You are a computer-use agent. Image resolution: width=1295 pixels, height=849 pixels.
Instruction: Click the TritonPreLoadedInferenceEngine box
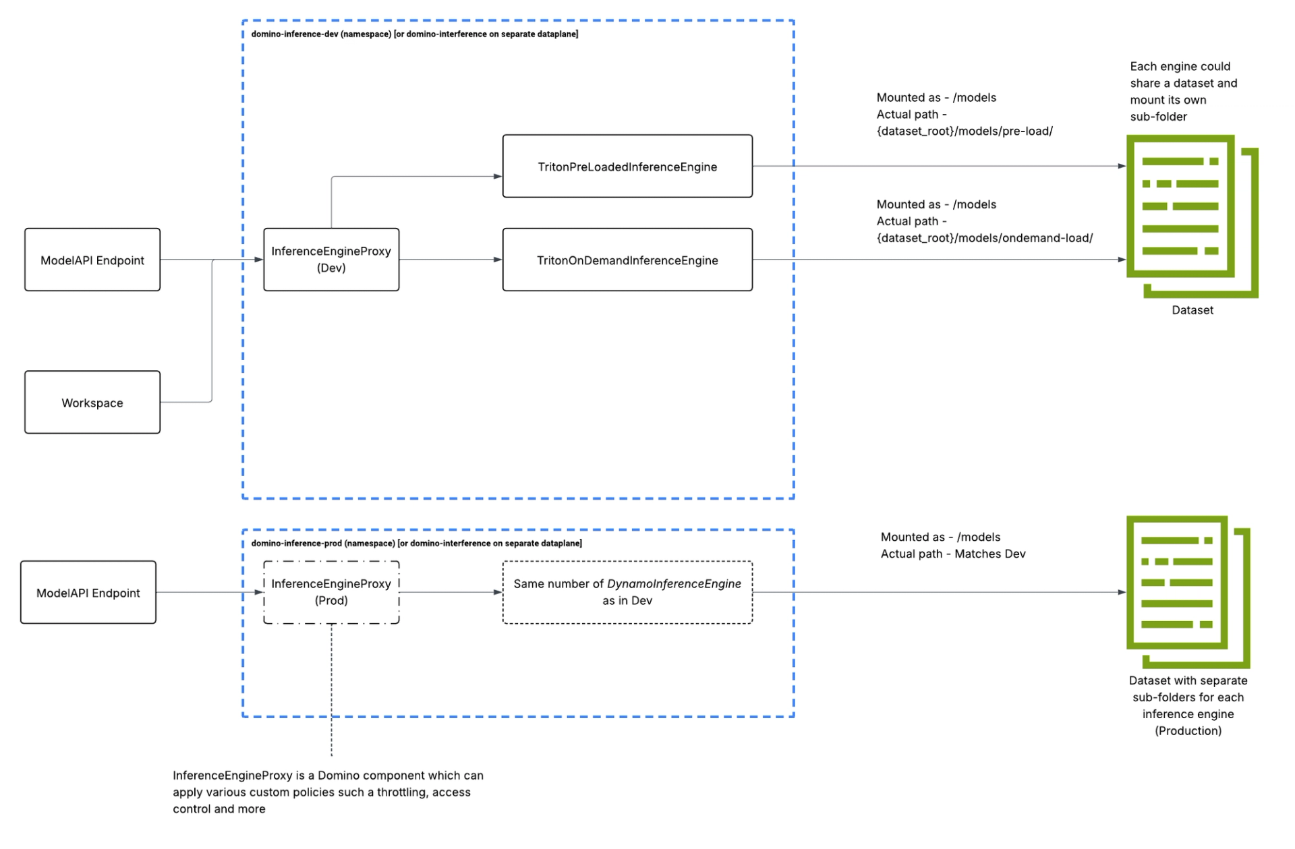tap(627, 167)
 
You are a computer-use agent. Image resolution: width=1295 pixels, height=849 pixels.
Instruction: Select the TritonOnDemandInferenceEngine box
tap(627, 260)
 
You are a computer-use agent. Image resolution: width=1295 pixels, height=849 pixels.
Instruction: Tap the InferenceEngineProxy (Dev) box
tap(330, 260)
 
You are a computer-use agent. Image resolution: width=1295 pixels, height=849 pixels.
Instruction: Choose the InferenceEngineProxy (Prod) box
tap(330, 592)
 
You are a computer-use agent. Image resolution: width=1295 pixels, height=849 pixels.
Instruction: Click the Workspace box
tap(92, 403)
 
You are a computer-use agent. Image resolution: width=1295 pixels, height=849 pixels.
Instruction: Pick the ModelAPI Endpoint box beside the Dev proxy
tap(92, 260)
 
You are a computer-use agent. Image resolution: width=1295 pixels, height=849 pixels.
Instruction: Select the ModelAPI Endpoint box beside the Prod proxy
tap(88, 593)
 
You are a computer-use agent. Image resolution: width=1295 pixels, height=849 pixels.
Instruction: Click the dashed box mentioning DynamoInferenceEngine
tap(627, 592)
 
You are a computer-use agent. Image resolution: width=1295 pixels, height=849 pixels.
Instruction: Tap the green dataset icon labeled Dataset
tap(1190, 216)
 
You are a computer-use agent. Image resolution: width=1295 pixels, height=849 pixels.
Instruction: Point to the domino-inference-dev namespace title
tap(414, 34)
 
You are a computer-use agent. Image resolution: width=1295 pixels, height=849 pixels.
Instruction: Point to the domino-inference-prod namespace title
tap(416, 543)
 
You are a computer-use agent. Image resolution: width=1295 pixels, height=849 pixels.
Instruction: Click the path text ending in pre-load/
tap(965, 131)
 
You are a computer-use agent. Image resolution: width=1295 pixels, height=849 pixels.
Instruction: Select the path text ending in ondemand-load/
tap(984, 238)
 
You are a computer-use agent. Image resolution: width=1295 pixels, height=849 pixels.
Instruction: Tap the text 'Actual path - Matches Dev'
tap(952, 554)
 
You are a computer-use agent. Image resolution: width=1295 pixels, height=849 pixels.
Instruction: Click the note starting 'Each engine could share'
tap(1183, 91)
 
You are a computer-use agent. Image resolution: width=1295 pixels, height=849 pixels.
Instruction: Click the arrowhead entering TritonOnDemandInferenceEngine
tap(498, 260)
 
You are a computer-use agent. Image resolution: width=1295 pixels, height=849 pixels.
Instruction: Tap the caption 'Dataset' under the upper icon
tap(1192, 310)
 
